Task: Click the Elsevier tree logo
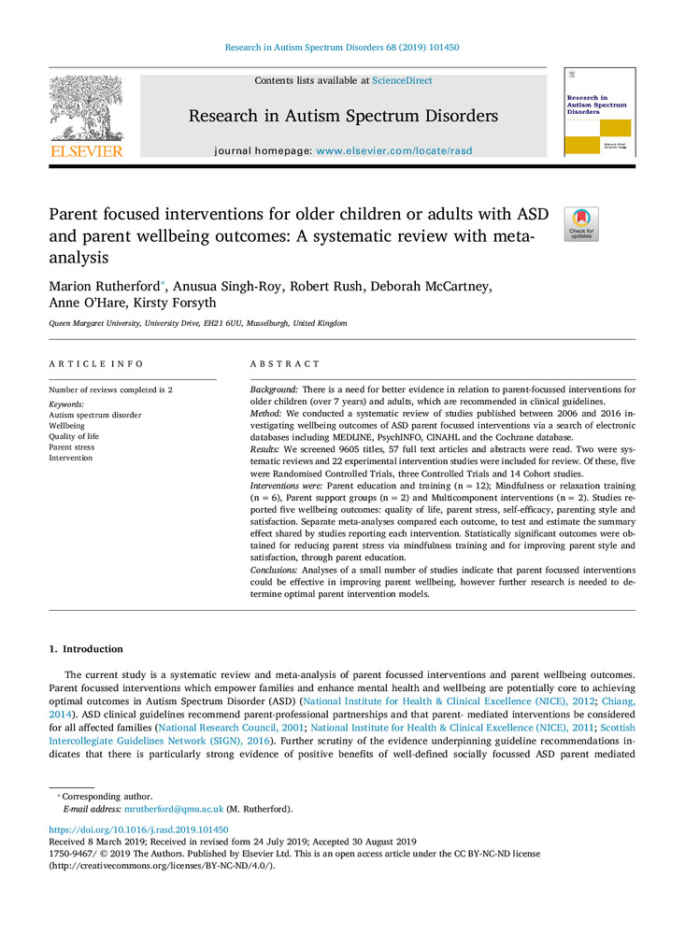(x=86, y=110)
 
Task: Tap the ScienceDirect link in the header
(x=402, y=81)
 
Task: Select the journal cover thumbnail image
(x=599, y=112)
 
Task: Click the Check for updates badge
(x=581, y=224)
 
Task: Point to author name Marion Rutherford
(x=103, y=286)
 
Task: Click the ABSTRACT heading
(x=285, y=363)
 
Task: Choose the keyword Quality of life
(x=74, y=436)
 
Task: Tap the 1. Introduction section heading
(x=85, y=649)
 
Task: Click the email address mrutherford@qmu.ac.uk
(x=174, y=809)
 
